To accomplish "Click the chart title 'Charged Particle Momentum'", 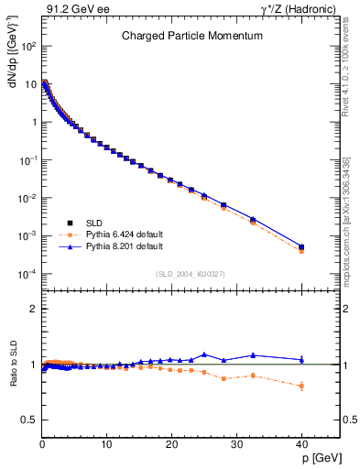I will pos(192,37).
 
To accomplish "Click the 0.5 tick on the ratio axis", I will pos(29,420).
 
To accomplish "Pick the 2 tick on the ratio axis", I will pos(33,309).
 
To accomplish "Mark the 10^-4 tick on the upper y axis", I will pos(27,274).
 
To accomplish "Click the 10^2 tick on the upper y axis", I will pos(28,45).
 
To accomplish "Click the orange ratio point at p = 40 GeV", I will pos(301,386).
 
